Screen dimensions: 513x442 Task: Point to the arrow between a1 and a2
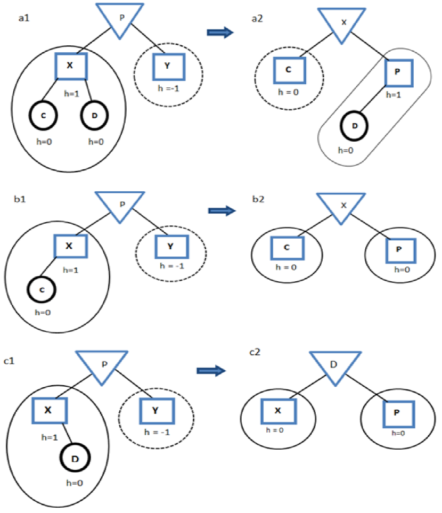[220, 33]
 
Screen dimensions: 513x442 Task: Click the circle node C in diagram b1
[42, 290]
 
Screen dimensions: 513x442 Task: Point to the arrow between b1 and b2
[221, 211]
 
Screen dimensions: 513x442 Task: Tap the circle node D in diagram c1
[75, 458]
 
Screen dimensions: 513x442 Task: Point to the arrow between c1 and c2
[210, 371]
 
